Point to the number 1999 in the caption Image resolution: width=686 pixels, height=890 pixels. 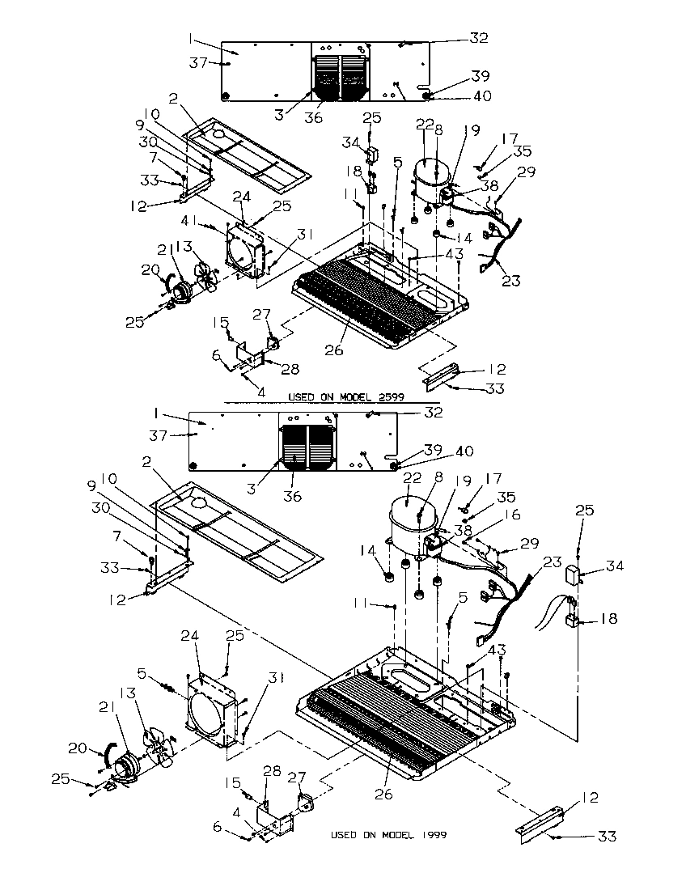pyautogui.click(x=432, y=834)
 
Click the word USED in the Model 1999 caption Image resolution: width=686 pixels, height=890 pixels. pyautogui.click(x=345, y=834)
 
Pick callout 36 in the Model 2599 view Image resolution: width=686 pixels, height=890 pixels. pyautogui.click(x=312, y=118)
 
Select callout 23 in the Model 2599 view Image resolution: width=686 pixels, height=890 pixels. pyautogui.click(x=510, y=281)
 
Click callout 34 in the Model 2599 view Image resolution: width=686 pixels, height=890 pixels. pyautogui.click(x=349, y=143)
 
